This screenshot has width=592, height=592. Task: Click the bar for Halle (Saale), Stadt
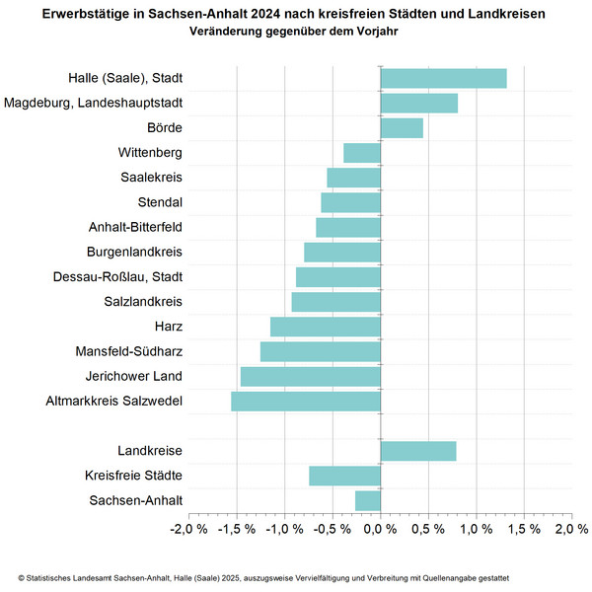click(x=443, y=79)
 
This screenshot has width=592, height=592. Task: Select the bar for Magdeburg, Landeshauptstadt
click(x=418, y=104)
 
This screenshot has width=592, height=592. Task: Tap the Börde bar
click(x=402, y=128)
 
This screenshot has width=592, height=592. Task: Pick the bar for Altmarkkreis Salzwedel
click(x=306, y=401)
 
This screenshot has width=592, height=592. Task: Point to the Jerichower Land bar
click(x=311, y=376)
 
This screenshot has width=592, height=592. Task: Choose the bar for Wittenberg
click(x=362, y=153)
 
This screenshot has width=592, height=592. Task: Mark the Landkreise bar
click(x=418, y=451)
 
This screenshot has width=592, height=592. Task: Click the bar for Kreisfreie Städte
click(x=344, y=476)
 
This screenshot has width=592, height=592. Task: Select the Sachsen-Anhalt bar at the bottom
click(x=368, y=500)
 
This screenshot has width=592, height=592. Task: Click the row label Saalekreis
click(x=150, y=178)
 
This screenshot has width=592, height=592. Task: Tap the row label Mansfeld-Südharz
click(x=129, y=351)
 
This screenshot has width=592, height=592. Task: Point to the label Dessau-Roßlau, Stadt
click(x=117, y=276)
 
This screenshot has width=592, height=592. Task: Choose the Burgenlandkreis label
click(x=135, y=252)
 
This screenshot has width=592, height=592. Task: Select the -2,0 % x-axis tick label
click(x=188, y=530)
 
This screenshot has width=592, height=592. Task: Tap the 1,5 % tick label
click(x=523, y=530)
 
